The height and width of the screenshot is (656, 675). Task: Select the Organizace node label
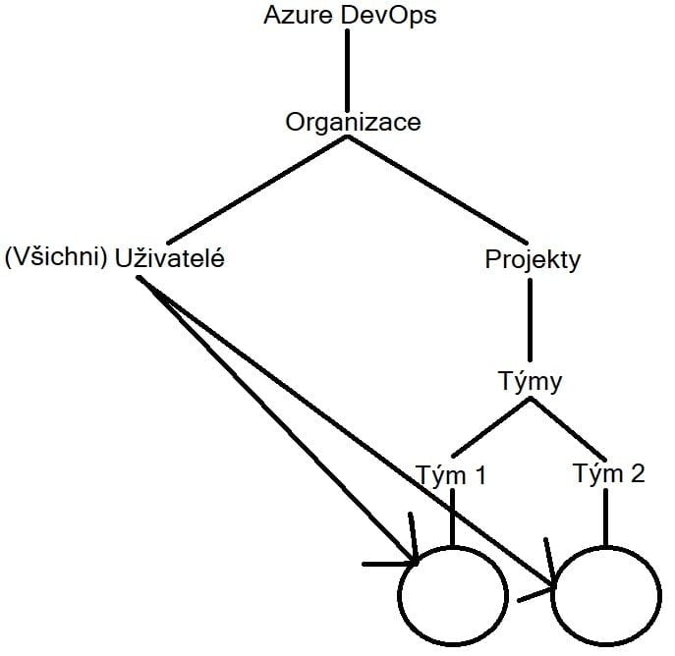[353, 122]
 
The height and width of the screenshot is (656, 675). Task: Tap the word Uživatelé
[170, 259]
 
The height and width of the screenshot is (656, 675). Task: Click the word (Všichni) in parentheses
[56, 259]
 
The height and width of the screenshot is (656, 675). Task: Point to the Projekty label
[533, 259]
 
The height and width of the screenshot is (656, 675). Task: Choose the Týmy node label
[530, 381]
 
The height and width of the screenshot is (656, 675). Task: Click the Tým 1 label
[452, 476]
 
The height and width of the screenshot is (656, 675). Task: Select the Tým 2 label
[608, 474]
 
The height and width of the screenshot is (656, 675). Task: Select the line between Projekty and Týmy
[530, 319]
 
